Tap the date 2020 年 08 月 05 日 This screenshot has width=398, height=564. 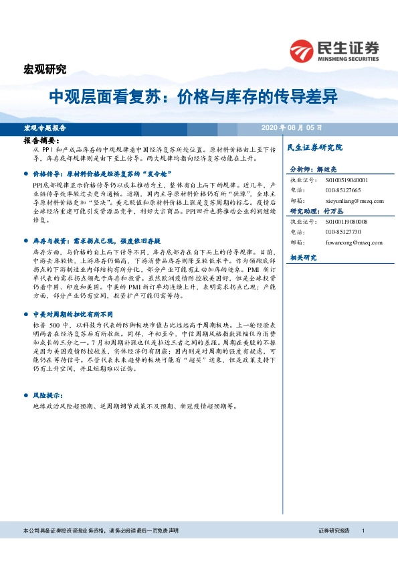tap(292, 127)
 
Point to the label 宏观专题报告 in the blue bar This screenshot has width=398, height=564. tap(45, 127)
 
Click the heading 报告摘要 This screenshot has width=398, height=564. tap(41, 141)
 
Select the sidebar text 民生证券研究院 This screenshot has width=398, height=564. tap(314, 147)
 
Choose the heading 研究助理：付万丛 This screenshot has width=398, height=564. tap(318, 211)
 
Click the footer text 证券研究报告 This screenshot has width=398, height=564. tap(334, 531)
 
